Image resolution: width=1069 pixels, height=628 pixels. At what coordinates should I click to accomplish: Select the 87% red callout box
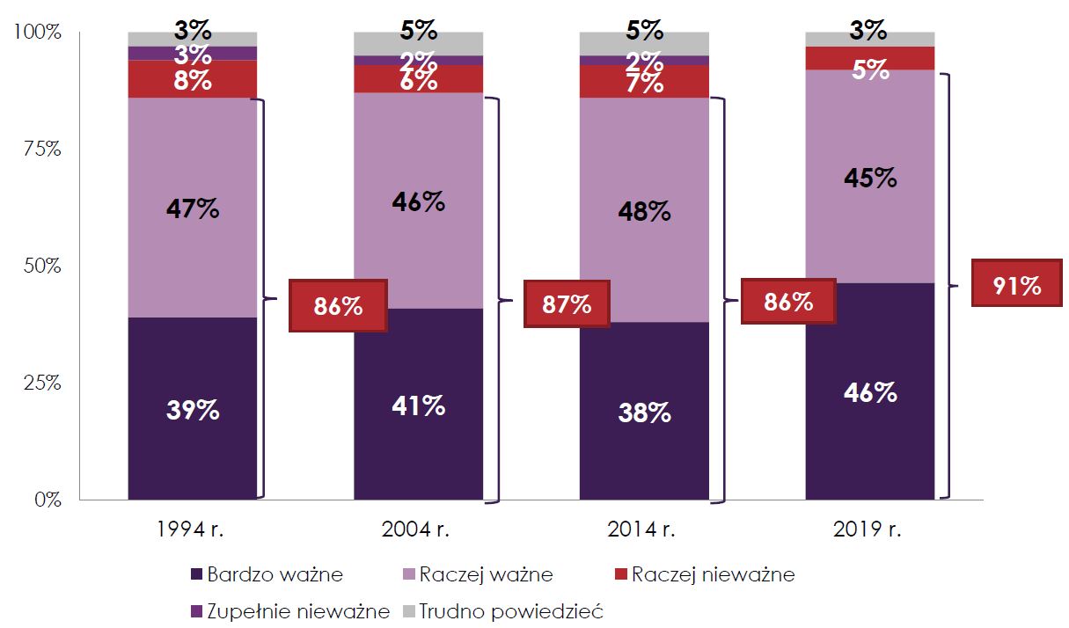(x=566, y=303)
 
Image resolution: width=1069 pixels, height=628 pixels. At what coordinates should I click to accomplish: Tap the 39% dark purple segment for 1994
(x=193, y=409)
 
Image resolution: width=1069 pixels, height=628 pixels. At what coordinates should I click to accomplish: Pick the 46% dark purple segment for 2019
(x=870, y=391)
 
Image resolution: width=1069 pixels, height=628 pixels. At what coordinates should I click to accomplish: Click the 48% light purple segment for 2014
(x=644, y=211)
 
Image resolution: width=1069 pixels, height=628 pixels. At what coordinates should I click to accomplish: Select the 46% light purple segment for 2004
(x=418, y=201)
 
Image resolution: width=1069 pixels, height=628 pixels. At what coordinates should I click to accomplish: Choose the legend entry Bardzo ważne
(x=266, y=575)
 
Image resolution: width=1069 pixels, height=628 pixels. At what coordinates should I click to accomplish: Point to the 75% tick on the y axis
(x=41, y=149)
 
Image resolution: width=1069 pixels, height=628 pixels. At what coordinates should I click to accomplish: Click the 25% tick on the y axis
(x=41, y=383)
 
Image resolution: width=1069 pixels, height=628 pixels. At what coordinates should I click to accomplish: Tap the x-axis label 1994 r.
(x=192, y=530)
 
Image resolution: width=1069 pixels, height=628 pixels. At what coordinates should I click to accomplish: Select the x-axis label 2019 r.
(x=869, y=530)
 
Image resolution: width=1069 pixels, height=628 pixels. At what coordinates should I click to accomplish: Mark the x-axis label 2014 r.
(x=643, y=530)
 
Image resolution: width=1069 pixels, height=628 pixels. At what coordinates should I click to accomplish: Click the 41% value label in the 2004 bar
(x=418, y=406)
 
